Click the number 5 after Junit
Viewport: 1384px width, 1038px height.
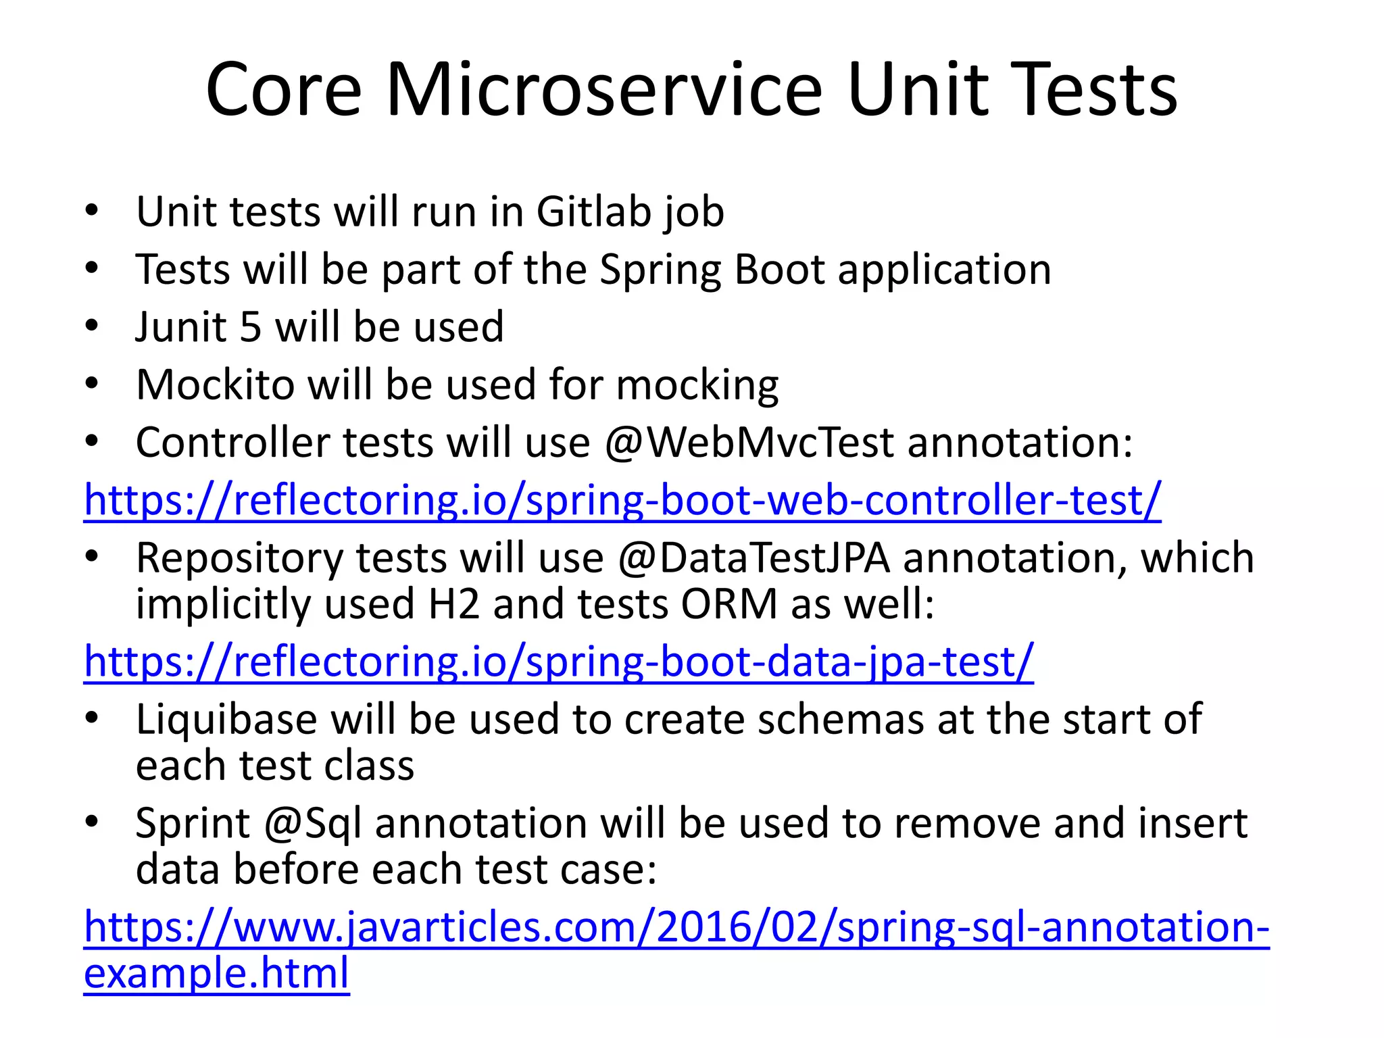point(250,327)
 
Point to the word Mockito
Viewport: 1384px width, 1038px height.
point(215,385)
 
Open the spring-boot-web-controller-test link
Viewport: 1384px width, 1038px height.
point(622,501)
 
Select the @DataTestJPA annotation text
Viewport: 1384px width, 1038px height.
point(753,558)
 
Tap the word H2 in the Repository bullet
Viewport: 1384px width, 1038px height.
point(453,603)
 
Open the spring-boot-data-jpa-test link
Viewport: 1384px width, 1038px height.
point(558,662)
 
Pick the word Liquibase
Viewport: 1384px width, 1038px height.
point(226,719)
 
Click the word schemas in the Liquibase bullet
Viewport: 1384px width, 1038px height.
point(840,719)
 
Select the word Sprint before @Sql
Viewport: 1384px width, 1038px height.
point(193,824)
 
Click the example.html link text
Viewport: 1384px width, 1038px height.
point(216,973)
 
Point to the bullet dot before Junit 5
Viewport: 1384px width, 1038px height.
point(92,326)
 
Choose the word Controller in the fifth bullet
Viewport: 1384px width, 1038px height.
point(232,443)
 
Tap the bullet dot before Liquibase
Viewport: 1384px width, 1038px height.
point(92,718)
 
